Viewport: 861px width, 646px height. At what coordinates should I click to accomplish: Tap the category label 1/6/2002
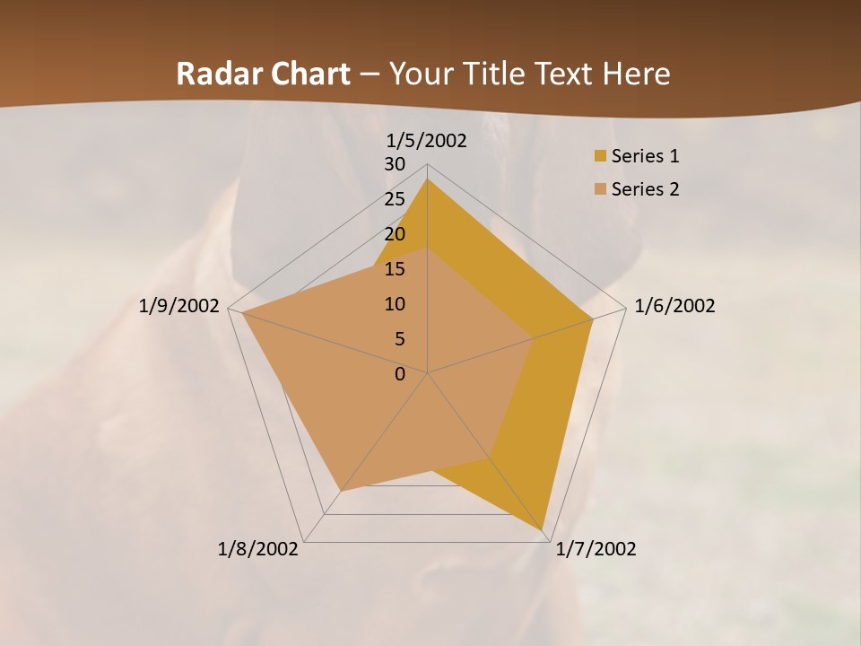tap(674, 306)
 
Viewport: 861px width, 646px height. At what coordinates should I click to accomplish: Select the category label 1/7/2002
tap(596, 549)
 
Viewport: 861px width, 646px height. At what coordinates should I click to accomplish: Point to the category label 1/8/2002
tap(258, 549)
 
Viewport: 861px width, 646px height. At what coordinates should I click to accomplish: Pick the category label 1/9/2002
tap(179, 306)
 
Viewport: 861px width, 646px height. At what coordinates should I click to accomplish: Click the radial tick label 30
tap(395, 164)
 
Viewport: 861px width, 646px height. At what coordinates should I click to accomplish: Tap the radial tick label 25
tap(395, 199)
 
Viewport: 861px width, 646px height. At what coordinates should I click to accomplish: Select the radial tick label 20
tap(395, 234)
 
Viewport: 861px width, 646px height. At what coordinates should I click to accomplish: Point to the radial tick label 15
tap(395, 269)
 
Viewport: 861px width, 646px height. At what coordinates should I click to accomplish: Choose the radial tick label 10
tap(395, 304)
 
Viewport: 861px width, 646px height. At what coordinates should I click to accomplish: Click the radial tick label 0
tap(400, 374)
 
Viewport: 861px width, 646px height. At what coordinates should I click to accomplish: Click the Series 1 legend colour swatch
tap(600, 156)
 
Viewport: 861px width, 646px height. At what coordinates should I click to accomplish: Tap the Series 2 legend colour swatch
tap(600, 189)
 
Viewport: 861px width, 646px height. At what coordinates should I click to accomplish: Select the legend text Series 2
tap(645, 189)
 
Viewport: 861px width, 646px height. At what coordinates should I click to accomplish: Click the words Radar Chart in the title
tap(263, 74)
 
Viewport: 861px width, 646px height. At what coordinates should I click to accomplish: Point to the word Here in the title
tap(637, 74)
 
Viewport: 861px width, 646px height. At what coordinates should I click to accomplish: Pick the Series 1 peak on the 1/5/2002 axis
tap(427, 179)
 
